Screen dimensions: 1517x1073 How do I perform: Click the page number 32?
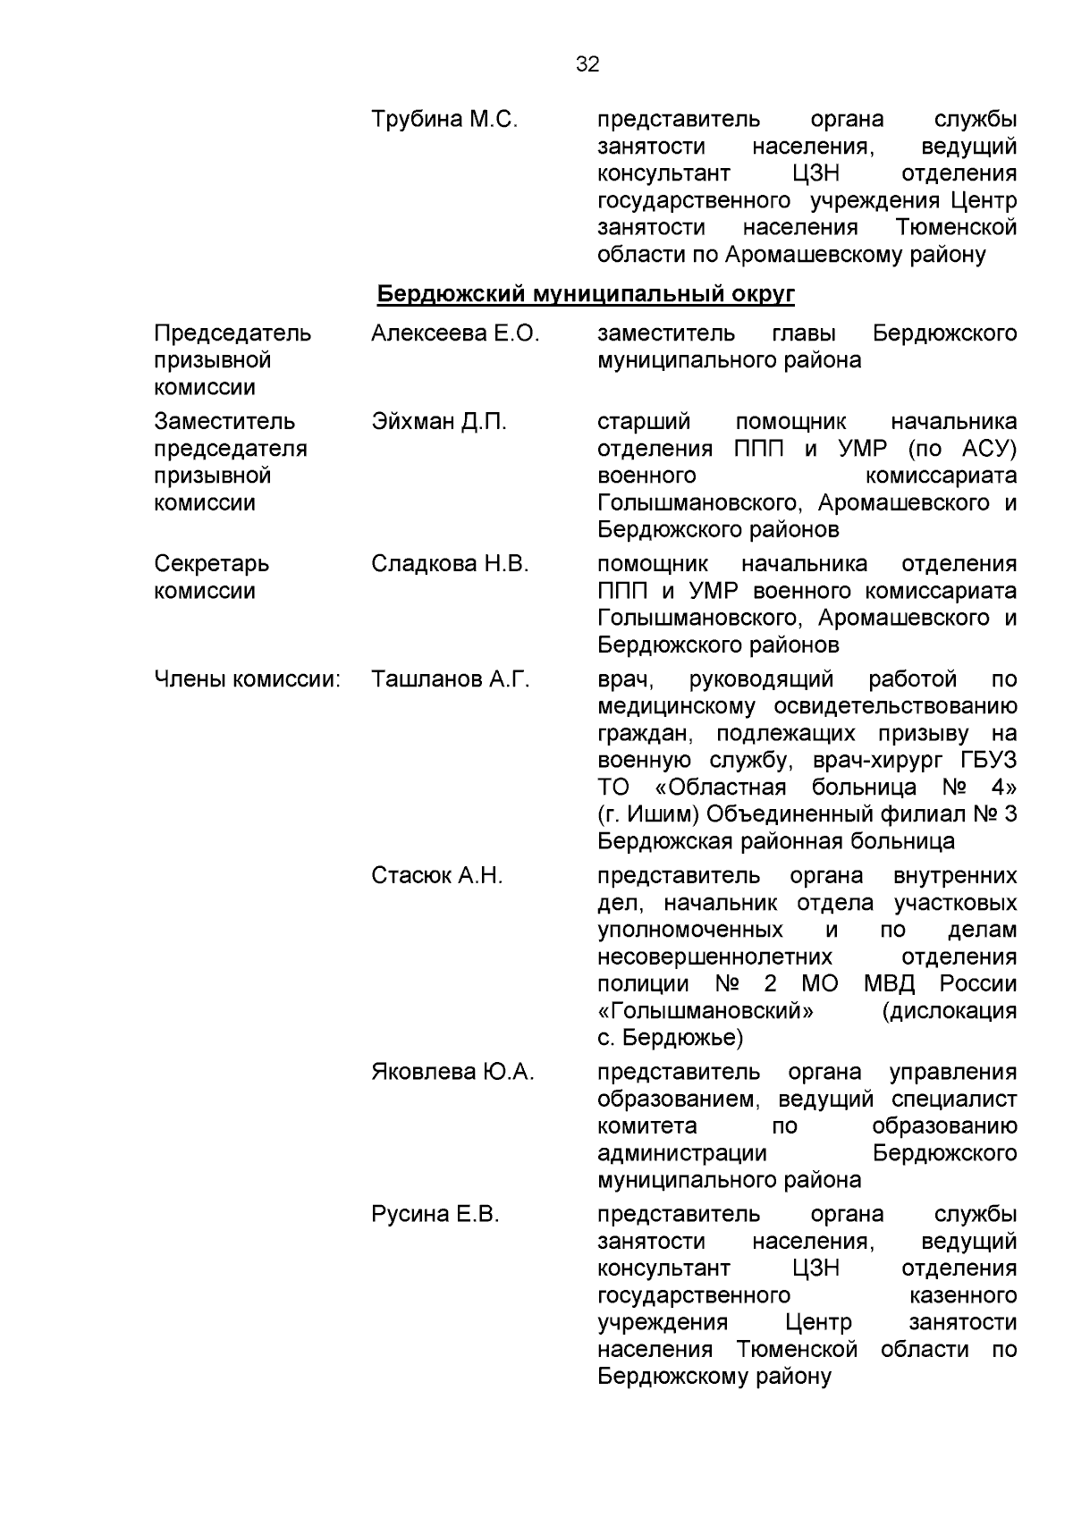[x=587, y=64]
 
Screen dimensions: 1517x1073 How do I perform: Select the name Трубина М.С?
[x=444, y=119]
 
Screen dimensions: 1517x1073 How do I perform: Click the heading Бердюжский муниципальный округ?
[x=586, y=294]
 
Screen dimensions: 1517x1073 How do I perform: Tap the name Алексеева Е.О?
[x=455, y=333]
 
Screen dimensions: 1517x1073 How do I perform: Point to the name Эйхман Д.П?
[x=439, y=422]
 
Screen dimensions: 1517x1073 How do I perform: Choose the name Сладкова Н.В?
[x=450, y=564]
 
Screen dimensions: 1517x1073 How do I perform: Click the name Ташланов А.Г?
[x=451, y=679]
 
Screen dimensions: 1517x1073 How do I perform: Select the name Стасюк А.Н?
[x=437, y=876]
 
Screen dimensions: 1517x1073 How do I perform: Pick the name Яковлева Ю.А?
[x=452, y=1072]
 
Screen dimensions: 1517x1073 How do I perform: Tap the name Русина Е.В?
[x=435, y=1214]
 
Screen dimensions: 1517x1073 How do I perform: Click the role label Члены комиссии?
[x=248, y=679]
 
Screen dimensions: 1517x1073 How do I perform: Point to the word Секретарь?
[x=211, y=564]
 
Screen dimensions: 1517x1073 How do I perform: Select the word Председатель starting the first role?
[x=232, y=333]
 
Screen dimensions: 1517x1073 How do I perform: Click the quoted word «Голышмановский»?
[x=705, y=1011]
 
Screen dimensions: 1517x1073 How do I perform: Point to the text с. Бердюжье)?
[x=670, y=1038]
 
